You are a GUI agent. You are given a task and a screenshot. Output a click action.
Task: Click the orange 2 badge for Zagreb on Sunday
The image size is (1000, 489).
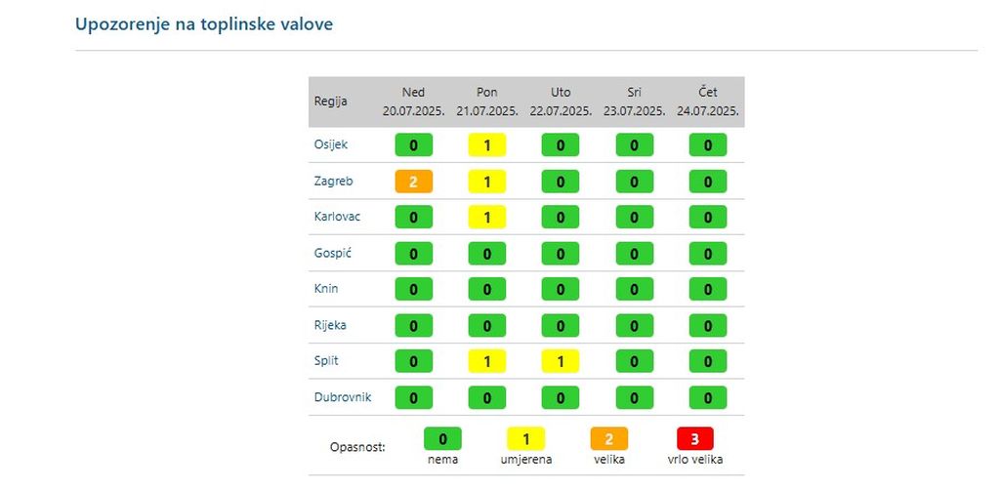coord(413,182)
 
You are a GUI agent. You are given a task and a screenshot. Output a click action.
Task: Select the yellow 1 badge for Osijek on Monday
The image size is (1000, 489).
coord(486,145)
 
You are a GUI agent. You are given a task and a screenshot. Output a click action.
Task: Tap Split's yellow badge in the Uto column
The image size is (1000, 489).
coord(560,361)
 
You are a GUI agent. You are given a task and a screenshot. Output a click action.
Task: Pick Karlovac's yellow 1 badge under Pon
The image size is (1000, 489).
coord(486,218)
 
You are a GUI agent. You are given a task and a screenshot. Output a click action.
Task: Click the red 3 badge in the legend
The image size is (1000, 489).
coord(694,439)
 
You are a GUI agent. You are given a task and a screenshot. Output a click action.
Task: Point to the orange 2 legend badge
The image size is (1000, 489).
coord(608,439)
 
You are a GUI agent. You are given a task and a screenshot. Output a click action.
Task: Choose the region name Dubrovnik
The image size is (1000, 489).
coord(342,397)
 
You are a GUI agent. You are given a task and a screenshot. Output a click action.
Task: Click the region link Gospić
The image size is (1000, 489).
coord(332,253)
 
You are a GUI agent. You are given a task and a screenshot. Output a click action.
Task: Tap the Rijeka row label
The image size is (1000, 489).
coord(330,325)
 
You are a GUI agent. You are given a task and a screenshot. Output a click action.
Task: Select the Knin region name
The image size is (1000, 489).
coord(326,289)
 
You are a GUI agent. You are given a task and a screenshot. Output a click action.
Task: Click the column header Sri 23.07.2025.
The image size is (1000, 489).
coord(634,102)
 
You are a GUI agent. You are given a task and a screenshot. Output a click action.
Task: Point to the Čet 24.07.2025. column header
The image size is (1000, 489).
coord(708,102)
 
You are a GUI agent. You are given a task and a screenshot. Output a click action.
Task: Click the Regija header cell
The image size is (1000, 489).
coord(330,102)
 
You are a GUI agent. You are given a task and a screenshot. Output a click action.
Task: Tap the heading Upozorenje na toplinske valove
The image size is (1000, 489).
coord(204,24)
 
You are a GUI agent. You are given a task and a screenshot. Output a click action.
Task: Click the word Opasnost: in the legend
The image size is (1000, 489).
coord(358,447)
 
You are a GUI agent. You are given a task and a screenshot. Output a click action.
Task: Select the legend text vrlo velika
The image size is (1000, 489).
coord(694,459)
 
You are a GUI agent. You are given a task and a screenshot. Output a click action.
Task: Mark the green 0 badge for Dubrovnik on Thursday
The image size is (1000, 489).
coord(708,397)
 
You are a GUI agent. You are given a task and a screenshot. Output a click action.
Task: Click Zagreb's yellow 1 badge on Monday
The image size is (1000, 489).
coord(486,182)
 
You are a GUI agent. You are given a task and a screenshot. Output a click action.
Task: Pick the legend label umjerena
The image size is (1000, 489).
coord(526,459)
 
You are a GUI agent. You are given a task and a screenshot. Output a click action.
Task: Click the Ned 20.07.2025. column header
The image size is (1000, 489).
coord(413,102)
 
